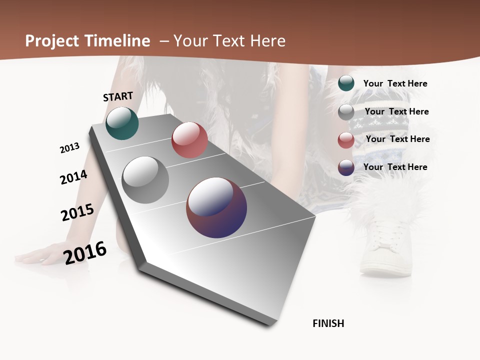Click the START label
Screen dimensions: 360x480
click(x=118, y=96)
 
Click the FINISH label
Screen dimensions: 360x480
click(x=328, y=323)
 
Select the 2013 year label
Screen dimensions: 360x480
click(x=69, y=148)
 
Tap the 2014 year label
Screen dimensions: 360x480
click(x=73, y=177)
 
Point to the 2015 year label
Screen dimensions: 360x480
click(x=77, y=212)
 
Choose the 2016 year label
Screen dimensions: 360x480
click(x=85, y=252)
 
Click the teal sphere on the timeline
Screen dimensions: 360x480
click(x=122, y=123)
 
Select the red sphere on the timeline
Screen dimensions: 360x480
click(x=189, y=140)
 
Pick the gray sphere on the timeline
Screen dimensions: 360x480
click(x=145, y=180)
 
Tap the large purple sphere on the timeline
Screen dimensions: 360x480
click(x=216, y=207)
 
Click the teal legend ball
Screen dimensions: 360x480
click(x=346, y=83)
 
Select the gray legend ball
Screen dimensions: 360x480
click(x=346, y=112)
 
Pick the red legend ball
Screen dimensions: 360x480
click(x=346, y=140)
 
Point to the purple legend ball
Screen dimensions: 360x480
click(x=346, y=167)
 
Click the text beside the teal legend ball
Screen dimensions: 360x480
click(x=395, y=83)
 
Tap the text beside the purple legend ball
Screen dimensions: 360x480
click(x=395, y=167)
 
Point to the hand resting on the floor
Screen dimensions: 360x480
click(x=37, y=257)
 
